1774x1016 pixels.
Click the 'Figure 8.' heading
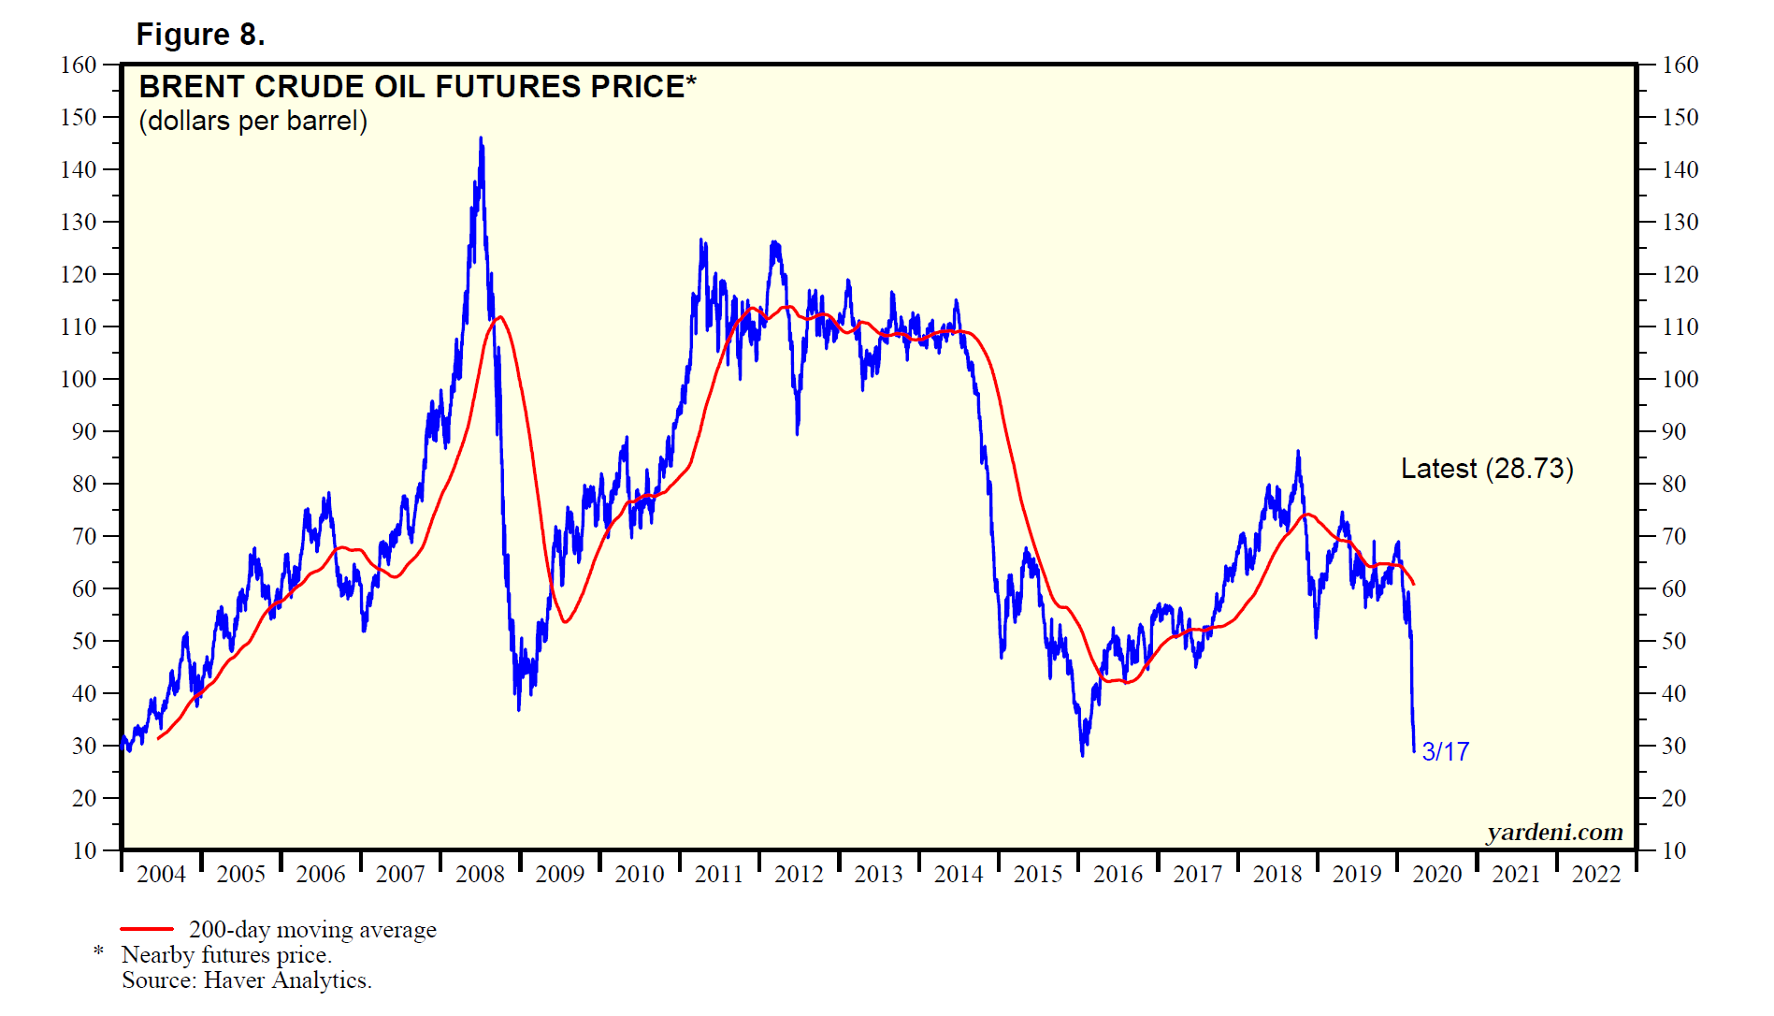[x=200, y=35]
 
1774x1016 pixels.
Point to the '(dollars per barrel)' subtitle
[x=252, y=122]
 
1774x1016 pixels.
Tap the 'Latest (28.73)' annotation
[x=1486, y=469]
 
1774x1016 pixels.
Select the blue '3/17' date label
[x=1445, y=751]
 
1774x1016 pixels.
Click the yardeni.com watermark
[x=1554, y=832]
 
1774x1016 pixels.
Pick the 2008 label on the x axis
[x=480, y=874]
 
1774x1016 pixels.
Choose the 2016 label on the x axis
[x=1118, y=874]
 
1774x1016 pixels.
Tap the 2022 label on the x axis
[x=1595, y=874]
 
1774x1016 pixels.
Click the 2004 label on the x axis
[x=161, y=874]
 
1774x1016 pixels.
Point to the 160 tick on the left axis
[x=79, y=65]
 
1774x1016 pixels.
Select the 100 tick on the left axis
[x=79, y=379]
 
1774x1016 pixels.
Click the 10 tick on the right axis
[x=1674, y=850]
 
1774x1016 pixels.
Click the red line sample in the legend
[x=147, y=929]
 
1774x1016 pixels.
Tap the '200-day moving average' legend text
[x=312, y=929]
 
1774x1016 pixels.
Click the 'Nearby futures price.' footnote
[x=226, y=954]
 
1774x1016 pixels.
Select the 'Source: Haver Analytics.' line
[x=247, y=980]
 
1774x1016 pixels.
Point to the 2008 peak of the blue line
[x=481, y=138]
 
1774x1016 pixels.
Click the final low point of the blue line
[x=1413, y=750]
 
